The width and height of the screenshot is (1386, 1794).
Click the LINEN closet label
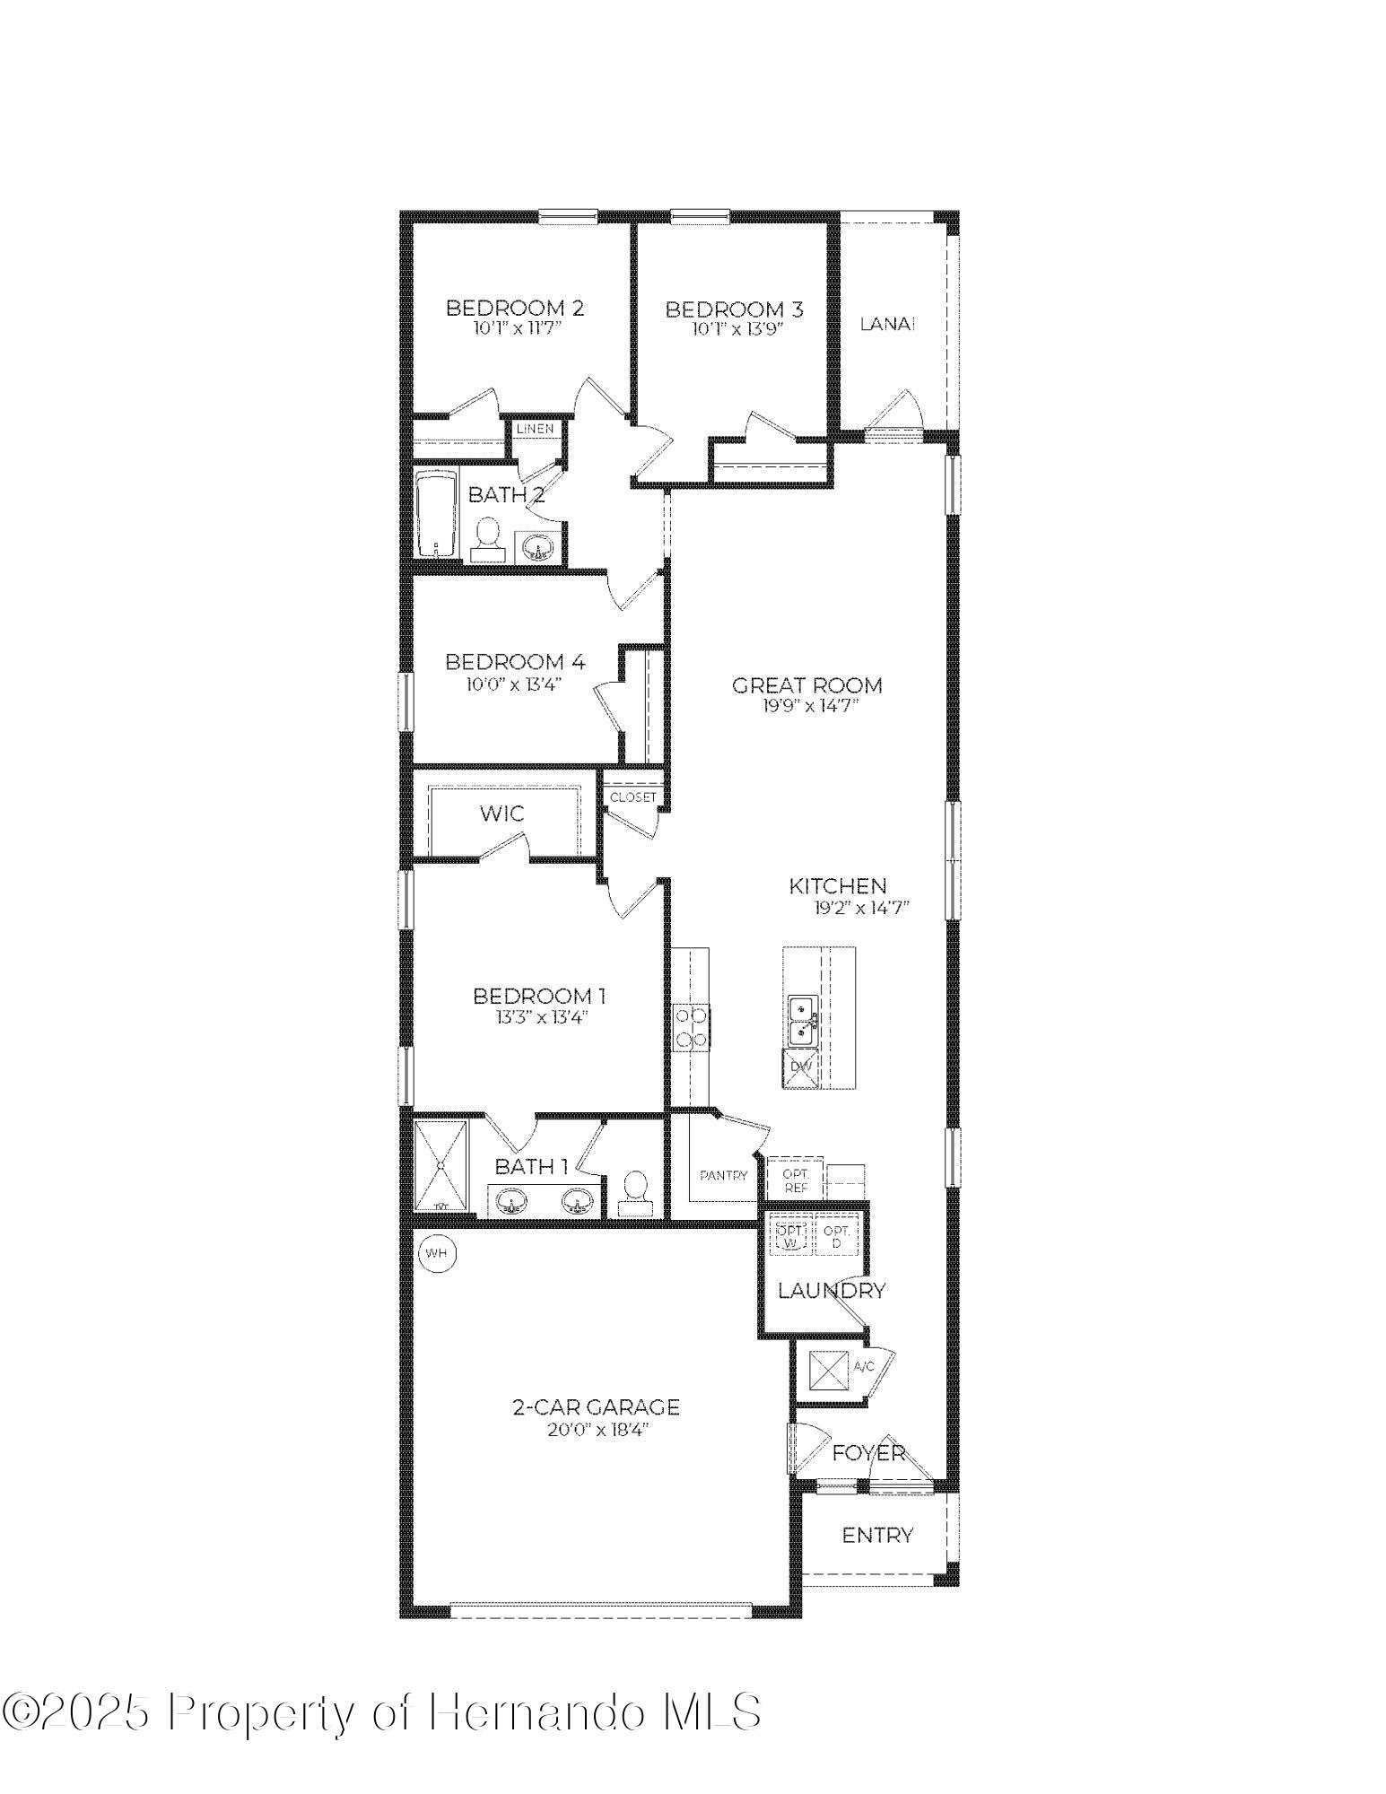[x=535, y=429]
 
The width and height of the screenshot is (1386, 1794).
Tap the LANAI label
[x=887, y=325]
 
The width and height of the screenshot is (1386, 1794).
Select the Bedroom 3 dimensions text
[x=737, y=329]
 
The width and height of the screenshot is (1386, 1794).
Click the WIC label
[x=501, y=814]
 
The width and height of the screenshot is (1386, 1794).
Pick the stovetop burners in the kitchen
[x=690, y=1028]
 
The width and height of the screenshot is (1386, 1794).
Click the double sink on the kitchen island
[x=802, y=1022]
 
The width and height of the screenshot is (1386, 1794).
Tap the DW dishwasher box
[x=800, y=1067]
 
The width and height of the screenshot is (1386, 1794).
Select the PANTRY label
[x=723, y=1175]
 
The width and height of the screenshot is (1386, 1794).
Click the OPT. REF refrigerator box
[x=796, y=1180]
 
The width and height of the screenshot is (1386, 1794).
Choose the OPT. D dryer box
[x=836, y=1237]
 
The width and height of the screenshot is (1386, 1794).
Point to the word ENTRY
[x=877, y=1536]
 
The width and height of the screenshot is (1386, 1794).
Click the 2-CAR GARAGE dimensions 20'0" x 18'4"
[x=597, y=1430]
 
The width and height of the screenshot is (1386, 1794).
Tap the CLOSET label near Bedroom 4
[x=633, y=797]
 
